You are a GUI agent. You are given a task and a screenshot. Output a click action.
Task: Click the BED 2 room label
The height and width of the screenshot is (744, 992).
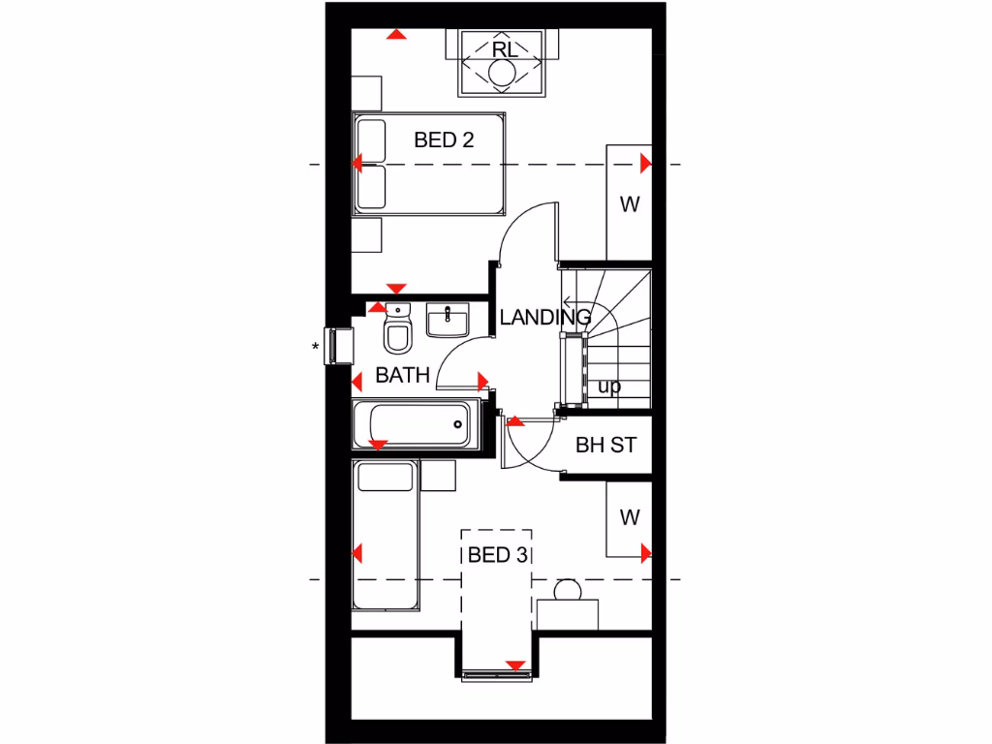444,139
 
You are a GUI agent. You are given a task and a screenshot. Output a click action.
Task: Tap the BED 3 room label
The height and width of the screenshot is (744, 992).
496,555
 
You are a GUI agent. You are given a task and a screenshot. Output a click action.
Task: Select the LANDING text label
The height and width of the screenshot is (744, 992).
544,317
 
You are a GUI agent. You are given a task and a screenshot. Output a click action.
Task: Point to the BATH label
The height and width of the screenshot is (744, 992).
402,375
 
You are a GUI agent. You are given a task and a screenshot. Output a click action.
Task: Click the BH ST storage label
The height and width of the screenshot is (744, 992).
605,446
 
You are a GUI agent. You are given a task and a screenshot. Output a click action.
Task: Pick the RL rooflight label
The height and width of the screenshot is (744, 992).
504,49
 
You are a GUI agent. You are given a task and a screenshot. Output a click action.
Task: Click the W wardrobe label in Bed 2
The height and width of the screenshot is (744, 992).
630,204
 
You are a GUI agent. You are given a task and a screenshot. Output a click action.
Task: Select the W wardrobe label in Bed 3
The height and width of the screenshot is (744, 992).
630,517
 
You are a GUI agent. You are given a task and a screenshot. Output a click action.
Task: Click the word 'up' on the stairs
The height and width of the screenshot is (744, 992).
609,386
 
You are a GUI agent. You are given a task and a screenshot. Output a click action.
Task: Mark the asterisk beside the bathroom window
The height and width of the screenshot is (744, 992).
316,347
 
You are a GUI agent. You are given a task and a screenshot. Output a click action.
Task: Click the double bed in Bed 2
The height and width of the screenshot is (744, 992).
429,164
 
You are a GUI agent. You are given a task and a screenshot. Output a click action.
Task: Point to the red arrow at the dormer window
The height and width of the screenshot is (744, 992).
516,666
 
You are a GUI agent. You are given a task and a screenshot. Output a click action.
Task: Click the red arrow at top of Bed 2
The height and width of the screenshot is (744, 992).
395,35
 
